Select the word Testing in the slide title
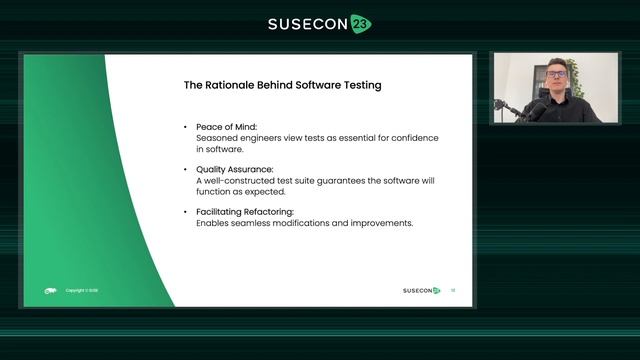click(x=358, y=86)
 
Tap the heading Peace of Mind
click(x=221, y=127)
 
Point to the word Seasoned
click(x=216, y=137)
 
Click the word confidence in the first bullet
click(x=385, y=137)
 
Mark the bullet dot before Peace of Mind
click(x=185, y=127)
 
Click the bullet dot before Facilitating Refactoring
click(x=185, y=212)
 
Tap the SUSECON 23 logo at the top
click(x=319, y=24)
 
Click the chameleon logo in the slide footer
click(x=50, y=291)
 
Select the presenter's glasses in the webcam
click(x=556, y=75)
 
